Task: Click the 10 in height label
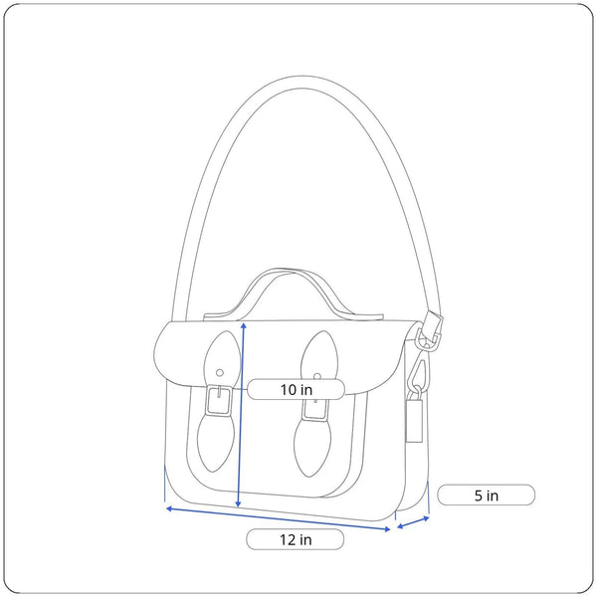coord(297,389)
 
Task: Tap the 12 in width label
coord(296,539)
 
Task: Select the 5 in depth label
coord(487,496)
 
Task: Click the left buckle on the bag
coord(219,401)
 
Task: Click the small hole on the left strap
coord(220,373)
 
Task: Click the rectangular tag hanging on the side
coord(414,420)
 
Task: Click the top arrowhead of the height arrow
coord(244,324)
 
